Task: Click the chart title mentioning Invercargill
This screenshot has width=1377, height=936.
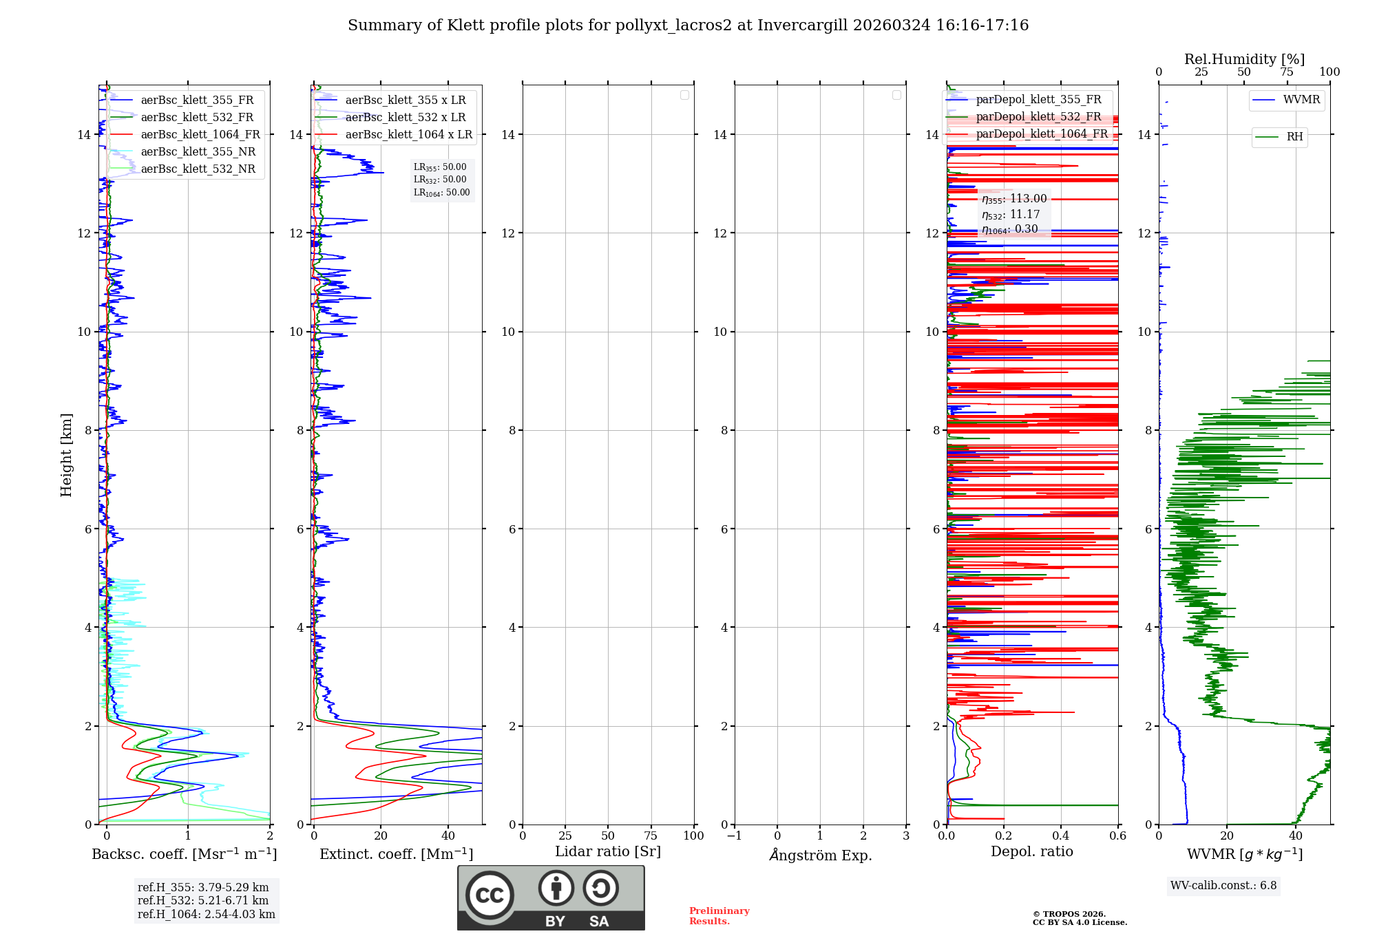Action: [688, 25]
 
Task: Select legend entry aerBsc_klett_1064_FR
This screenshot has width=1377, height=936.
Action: [200, 135]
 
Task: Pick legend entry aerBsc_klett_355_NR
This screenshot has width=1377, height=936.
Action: [198, 152]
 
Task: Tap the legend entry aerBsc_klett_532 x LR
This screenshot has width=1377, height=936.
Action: [405, 118]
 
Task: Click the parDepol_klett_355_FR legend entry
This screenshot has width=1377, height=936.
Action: [1038, 100]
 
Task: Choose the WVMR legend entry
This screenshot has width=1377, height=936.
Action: [1301, 100]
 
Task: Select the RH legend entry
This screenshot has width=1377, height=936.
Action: [1294, 137]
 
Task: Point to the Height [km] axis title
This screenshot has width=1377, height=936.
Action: [66, 455]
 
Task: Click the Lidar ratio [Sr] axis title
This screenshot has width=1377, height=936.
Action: [608, 852]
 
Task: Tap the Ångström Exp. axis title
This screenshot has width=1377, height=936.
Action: [820, 855]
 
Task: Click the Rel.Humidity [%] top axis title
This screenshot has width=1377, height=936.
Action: [1244, 59]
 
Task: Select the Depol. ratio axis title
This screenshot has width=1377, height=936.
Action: [1031, 852]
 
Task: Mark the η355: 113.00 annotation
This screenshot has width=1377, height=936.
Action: [1014, 199]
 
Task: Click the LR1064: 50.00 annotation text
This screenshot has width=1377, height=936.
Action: [441, 193]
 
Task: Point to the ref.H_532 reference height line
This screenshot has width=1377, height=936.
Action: [203, 901]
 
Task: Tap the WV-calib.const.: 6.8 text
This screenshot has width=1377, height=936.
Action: [1223, 886]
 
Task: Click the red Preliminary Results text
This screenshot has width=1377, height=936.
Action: [719, 916]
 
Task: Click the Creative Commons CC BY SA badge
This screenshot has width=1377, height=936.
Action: [551, 897]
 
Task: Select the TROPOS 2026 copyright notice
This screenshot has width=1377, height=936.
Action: [1079, 918]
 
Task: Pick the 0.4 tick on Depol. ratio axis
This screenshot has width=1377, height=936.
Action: [1061, 836]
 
